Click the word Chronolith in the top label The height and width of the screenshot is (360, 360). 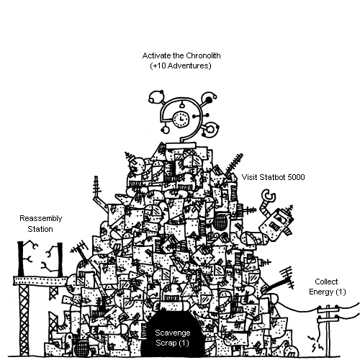[x=203, y=55]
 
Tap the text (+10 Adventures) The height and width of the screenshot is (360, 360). [x=181, y=66]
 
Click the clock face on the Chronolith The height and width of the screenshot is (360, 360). [x=181, y=119]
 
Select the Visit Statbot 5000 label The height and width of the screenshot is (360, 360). [x=273, y=177]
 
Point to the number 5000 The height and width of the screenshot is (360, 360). [x=296, y=177]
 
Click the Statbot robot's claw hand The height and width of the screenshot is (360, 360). [x=269, y=195]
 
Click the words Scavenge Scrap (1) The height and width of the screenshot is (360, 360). [x=173, y=338]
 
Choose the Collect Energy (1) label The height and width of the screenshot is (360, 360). [x=327, y=287]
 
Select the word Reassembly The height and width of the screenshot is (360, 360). [x=41, y=219]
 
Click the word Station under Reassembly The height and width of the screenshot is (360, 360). [x=40, y=229]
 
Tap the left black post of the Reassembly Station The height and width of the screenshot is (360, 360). [x=21, y=258]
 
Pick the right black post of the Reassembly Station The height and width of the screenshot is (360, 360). [x=60, y=259]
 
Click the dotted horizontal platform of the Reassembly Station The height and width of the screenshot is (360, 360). [x=40, y=281]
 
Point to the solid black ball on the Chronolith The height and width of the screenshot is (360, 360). [x=209, y=99]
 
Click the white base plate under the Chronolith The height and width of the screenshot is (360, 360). [x=181, y=145]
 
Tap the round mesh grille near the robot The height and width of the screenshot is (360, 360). [x=220, y=221]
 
